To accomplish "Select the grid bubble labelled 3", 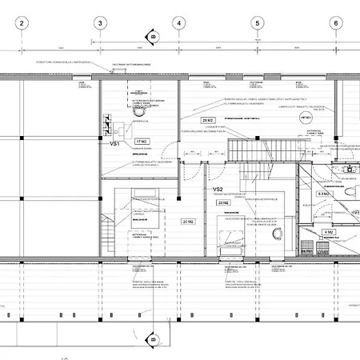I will click(100, 24).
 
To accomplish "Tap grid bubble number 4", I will click(178, 24).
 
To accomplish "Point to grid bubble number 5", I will click(257, 24).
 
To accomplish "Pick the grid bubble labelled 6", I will click(335, 24).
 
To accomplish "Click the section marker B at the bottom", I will click(150, 342).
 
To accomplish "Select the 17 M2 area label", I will click(142, 142).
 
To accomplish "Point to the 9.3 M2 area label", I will click(325, 194).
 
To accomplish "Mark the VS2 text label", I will click(218, 190).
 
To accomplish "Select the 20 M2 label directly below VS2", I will click(224, 203).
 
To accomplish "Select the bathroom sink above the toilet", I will click(349, 169).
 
